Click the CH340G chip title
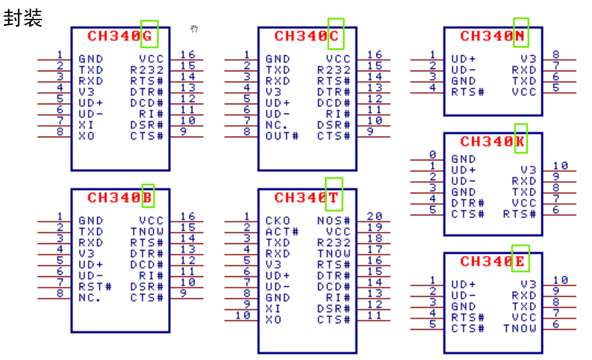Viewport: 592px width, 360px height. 120,36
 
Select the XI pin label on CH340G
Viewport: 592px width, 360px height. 86,125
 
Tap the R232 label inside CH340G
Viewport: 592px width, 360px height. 147,70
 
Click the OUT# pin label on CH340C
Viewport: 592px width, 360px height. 282,136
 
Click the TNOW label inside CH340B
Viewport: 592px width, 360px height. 147,232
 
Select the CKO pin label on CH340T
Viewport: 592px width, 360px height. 278,221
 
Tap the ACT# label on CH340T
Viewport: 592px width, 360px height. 282,232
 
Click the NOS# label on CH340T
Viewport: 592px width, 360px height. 334,221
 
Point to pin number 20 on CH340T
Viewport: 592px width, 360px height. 374,216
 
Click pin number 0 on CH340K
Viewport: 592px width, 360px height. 433,155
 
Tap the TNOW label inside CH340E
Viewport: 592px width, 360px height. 520,329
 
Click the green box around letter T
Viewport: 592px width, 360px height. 334,194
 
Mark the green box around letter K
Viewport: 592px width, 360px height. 521,138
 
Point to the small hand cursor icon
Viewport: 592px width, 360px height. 194,29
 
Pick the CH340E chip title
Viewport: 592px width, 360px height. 492,261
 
